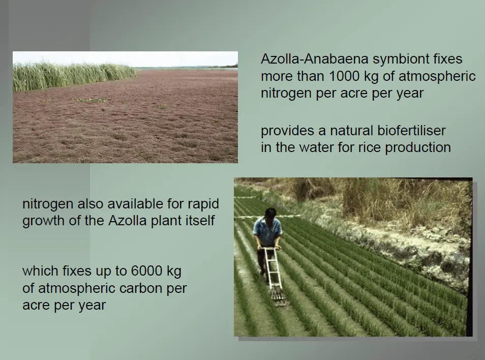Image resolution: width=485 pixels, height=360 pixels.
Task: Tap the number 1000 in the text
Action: tap(344, 76)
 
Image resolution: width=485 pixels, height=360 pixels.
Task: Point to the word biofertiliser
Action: tap(411, 131)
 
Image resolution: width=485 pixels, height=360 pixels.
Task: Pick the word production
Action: tap(417, 148)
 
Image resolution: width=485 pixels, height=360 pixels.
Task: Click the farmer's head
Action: tap(270, 213)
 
